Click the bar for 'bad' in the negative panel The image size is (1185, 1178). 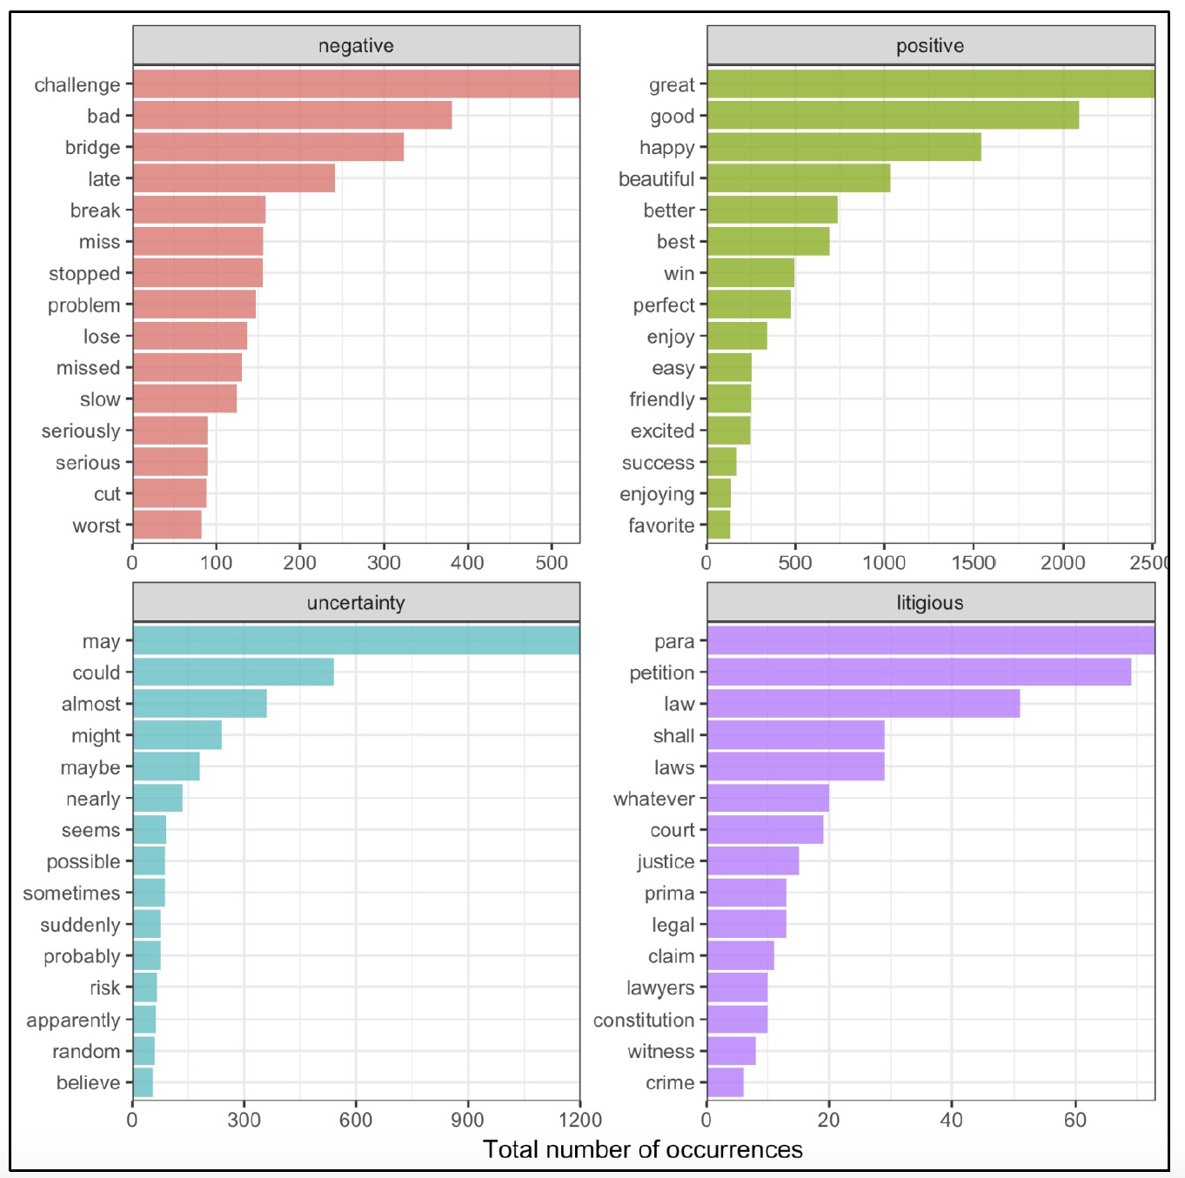pos(291,116)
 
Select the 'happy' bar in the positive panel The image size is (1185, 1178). pos(844,147)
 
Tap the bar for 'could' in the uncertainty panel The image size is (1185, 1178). pos(233,673)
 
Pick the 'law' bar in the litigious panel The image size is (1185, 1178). pos(863,704)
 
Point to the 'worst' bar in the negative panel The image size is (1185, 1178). pos(167,525)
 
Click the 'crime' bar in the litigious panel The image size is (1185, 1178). pos(725,1082)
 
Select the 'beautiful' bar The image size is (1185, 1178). pos(799,178)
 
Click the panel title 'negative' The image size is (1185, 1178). pos(356,46)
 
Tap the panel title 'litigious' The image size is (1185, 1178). pos(930,603)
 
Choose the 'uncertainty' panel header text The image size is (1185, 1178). pos(356,603)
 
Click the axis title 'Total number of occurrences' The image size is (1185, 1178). pos(643,1149)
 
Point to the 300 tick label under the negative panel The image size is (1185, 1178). pos(384,563)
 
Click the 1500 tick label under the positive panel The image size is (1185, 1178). pos(974,563)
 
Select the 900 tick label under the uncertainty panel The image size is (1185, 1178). pos(468,1120)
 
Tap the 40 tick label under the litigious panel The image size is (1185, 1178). pos(952,1120)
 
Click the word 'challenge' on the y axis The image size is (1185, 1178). pos(77,85)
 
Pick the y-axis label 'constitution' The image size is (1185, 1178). pos(644,1020)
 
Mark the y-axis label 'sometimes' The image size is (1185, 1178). pos(71,894)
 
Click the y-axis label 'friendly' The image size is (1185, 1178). pos(662,399)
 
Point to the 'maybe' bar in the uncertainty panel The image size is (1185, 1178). pos(166,767)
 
